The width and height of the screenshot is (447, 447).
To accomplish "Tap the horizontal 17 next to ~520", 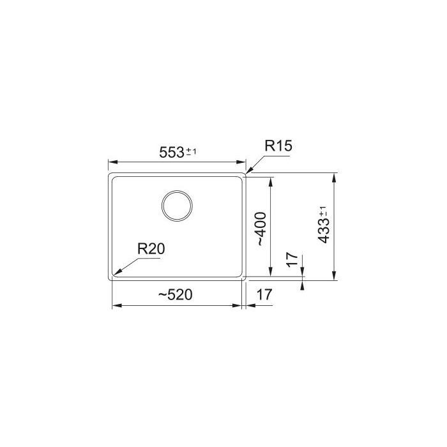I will pos(264,294).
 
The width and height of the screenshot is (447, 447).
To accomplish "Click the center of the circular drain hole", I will pos(177,206).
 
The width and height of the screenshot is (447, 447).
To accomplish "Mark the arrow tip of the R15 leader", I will pos(246,173).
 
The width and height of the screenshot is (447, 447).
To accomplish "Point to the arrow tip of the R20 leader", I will pos(114,276).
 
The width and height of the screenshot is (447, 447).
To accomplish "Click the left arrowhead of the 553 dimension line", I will pos(109,162).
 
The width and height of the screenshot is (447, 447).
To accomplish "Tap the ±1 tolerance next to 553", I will pos(192,151).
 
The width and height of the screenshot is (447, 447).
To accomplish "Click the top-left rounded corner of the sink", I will pos(110,174).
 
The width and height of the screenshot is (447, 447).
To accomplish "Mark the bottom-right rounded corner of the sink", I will pos(245,278).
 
